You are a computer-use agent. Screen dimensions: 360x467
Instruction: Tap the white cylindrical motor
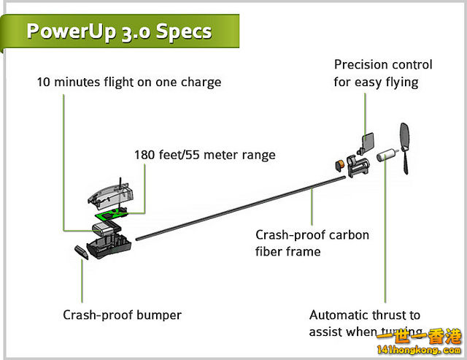pyautogui.click(x=385, y=155)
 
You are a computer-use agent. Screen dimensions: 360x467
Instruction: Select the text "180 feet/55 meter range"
pyautogui.click(x=204, y=155)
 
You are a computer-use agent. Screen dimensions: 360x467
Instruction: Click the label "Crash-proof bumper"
pyautogui.click(x=122, y=315)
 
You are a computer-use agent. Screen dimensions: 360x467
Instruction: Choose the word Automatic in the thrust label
pyautogui.click(x=341, y=315)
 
